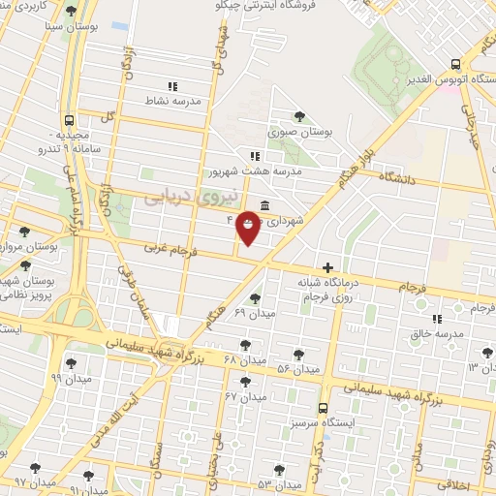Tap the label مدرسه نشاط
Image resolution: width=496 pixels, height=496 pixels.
click(172, 99)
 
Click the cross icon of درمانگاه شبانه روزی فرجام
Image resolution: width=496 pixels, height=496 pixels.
click(328, 267)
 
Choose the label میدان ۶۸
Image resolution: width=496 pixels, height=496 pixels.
click(244, 359)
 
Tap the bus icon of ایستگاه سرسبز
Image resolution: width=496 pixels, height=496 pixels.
click(323, 406)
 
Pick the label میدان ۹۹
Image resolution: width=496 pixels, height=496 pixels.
click(70, 376)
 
